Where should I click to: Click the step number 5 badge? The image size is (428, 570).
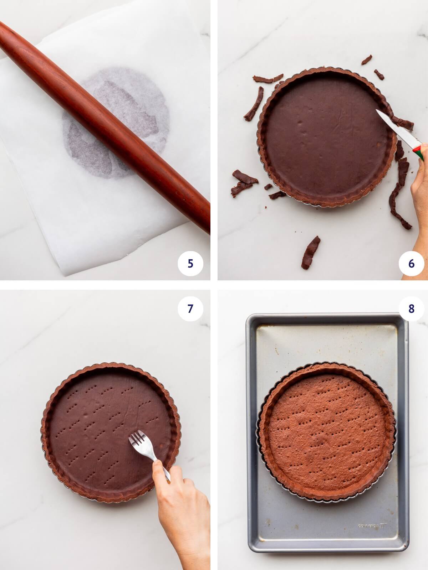point(190,264)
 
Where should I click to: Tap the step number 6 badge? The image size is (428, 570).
point(411,264)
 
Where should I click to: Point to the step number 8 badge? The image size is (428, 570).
point(411,308)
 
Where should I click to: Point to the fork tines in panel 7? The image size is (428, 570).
point(137,440)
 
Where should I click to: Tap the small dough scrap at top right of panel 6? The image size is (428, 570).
point(367,60)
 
